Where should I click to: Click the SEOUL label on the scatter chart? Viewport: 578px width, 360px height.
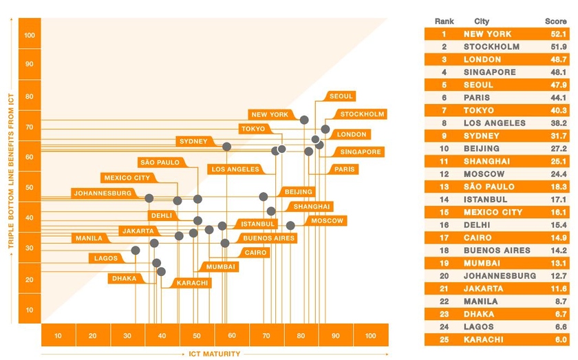click(x=342, y=96)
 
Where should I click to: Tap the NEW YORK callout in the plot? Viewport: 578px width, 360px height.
click(x=270, y=115)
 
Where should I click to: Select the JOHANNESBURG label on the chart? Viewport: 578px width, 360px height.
click(x=103, y=193)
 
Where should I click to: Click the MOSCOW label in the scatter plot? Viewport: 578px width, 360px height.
click(x=327, y=221)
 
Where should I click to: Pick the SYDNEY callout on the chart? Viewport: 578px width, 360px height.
click(x=193, y=141)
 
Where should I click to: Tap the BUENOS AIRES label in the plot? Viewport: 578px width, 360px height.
click(x=268, y=238)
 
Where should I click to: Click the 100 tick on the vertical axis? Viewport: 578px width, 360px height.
click(x=30, y=35)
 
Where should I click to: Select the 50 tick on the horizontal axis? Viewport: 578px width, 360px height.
click(x=197, y=335)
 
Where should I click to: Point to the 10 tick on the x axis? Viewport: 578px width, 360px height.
click(x=58, y=335)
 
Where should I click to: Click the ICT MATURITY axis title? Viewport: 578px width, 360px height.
click(x=215, y=354)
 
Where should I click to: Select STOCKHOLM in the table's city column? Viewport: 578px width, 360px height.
click(x=491, y=47)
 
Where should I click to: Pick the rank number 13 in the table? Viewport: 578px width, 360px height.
click(x=444, y=187)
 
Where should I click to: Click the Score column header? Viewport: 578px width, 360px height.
click(x=555, y=21)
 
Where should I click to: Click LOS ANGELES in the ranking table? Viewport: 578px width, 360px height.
click(x=494, y=123)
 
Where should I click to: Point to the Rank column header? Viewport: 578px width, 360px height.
click(x=445, y=21)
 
